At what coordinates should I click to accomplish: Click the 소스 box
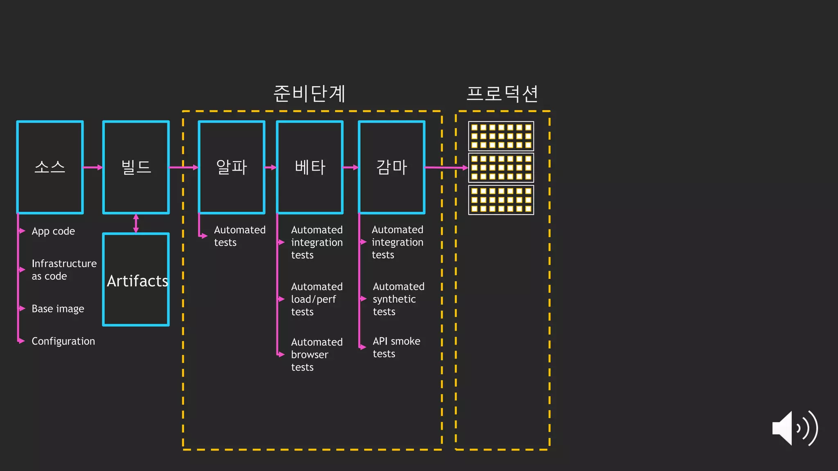coord(50,167)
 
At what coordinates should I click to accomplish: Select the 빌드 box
coord(136,167)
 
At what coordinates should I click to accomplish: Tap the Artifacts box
coord(136,280)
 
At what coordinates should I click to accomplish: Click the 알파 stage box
coord(232,167)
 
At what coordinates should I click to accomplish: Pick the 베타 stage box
coord(310,167)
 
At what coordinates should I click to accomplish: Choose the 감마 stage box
coord(392,167)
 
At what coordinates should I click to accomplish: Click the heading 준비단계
coord(310,94)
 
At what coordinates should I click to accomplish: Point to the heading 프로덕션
coord(502,94)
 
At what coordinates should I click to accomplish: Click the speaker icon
coord(794,428)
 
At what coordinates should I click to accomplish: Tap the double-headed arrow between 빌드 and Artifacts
coord(136,223)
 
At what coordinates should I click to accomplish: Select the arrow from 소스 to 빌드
coord(93,167)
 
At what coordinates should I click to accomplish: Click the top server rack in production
coord(501,136)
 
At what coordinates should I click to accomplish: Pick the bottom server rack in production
coord(501,200)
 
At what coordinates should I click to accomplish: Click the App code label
coord(53,231)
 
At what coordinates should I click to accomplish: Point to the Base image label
coord(58,309)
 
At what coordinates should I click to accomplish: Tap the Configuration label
coord(63,341)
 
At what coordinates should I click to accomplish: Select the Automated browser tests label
coord(316,354)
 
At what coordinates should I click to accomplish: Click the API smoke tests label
coord(396,347)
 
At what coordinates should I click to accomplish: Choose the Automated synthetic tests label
coord(398,299)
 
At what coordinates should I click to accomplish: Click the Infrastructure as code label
coord(64,270)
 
